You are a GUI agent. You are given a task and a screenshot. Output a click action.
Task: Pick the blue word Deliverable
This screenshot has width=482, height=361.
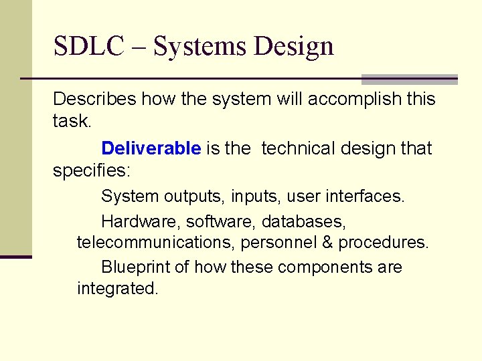151,148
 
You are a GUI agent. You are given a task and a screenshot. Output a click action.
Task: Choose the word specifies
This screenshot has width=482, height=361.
91,170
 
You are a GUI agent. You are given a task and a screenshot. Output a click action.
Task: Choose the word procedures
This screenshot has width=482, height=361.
383,243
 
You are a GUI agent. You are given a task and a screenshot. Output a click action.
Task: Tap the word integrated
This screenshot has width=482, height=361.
117,289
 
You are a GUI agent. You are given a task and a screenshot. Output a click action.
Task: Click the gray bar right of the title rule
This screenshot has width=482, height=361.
409,80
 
